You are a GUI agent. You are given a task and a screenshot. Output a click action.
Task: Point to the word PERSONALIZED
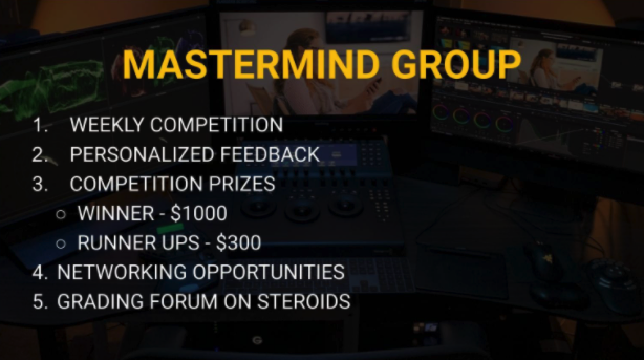(142, 154)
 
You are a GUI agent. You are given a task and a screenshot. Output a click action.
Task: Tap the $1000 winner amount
(199, 213)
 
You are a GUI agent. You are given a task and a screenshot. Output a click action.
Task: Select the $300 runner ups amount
(239, 242)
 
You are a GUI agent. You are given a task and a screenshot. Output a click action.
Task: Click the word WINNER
(116, 213)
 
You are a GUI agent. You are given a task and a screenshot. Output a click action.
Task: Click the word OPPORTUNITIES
(269, 272)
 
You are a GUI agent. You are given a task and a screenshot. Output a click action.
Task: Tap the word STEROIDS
(304, 301)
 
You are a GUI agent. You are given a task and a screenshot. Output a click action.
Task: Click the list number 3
(40, 184)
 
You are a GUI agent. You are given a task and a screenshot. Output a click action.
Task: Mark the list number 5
(40, 301)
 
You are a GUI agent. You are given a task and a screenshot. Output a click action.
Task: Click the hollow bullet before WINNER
(61, 215)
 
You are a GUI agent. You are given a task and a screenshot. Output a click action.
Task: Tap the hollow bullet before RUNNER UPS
(61, 244)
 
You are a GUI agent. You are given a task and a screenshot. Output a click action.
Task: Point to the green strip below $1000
(170, 228)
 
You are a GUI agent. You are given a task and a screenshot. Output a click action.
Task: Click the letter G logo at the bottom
(257, 341)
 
